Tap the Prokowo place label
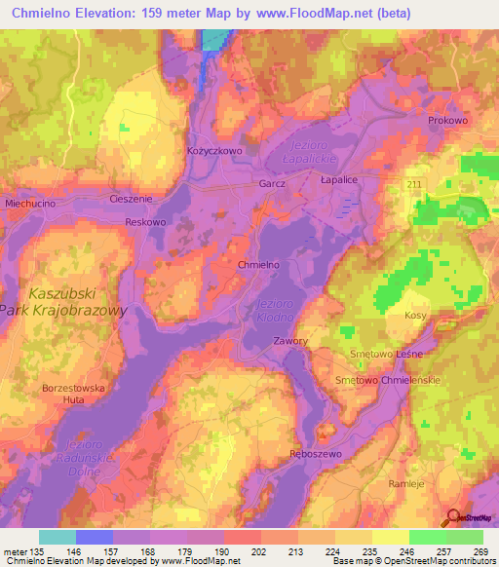[447, 120]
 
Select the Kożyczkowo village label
[212, 151]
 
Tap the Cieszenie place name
[131, 199]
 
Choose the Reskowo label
[146, 222]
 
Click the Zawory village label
[290, 341]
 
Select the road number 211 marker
[415, 184]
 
